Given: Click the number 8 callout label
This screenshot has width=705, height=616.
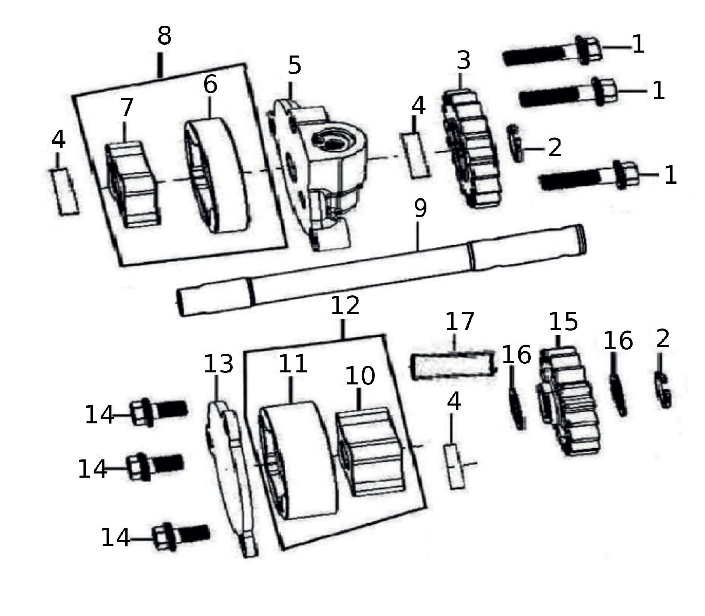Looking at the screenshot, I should point(164,36).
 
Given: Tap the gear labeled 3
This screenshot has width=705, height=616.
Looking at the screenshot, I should point(472,149).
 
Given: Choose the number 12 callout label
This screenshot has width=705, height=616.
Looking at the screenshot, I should point(345,306).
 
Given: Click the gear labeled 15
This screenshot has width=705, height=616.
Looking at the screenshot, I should point(569,402).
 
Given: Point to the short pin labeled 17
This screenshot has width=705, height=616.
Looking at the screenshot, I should point(453,365).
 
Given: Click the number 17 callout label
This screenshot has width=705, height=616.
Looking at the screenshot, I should point(460,322).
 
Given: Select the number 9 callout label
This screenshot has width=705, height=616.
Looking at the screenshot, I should point(420,208).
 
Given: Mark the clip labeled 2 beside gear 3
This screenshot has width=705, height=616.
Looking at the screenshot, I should point(516,143).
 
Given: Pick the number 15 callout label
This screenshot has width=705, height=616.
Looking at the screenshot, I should point(563,321).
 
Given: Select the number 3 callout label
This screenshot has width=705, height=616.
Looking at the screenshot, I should point(464,60).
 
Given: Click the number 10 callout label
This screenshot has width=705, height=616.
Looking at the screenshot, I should point(360,376).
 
